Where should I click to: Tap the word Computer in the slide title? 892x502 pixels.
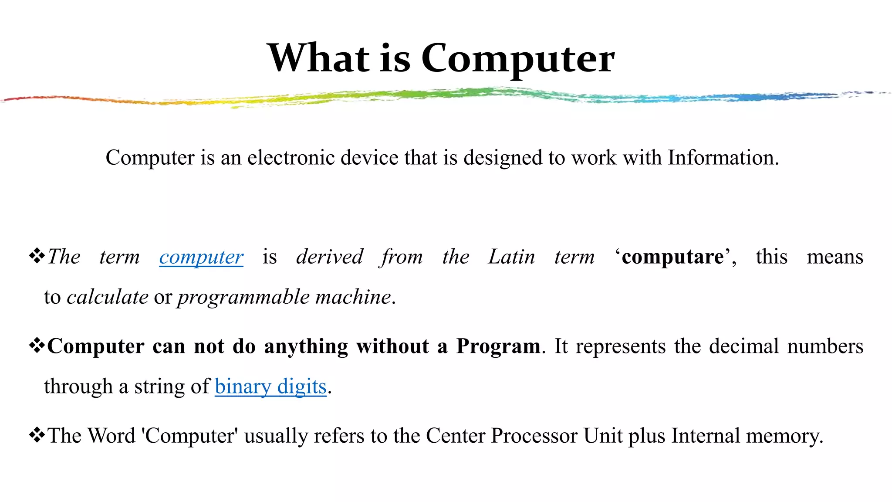[518, 58]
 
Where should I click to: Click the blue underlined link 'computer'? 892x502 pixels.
[201, 257]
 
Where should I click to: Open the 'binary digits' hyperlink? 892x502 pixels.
[270, 387]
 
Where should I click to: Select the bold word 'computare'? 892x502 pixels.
[672, 257]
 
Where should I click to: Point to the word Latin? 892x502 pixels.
[511, 257]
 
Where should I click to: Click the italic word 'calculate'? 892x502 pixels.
[108, 297]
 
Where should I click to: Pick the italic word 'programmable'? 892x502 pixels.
[243, 297]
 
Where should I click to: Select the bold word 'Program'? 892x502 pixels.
[498, 346]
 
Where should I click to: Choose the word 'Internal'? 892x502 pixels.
[706, 435]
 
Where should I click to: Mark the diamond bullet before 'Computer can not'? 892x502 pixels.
[37, 345]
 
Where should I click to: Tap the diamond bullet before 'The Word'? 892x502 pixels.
[37, 434]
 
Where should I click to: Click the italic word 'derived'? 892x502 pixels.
[330, 257]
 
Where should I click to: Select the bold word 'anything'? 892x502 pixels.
[306, 346]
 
